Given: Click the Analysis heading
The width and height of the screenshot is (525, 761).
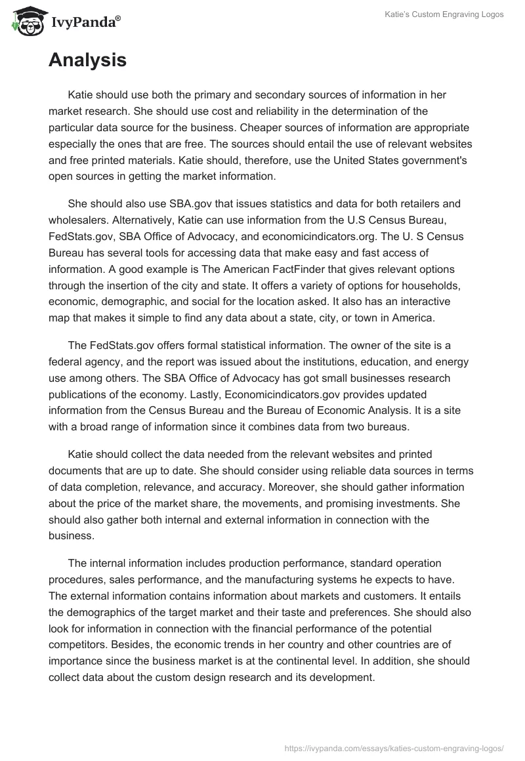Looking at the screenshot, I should [87, 60].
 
